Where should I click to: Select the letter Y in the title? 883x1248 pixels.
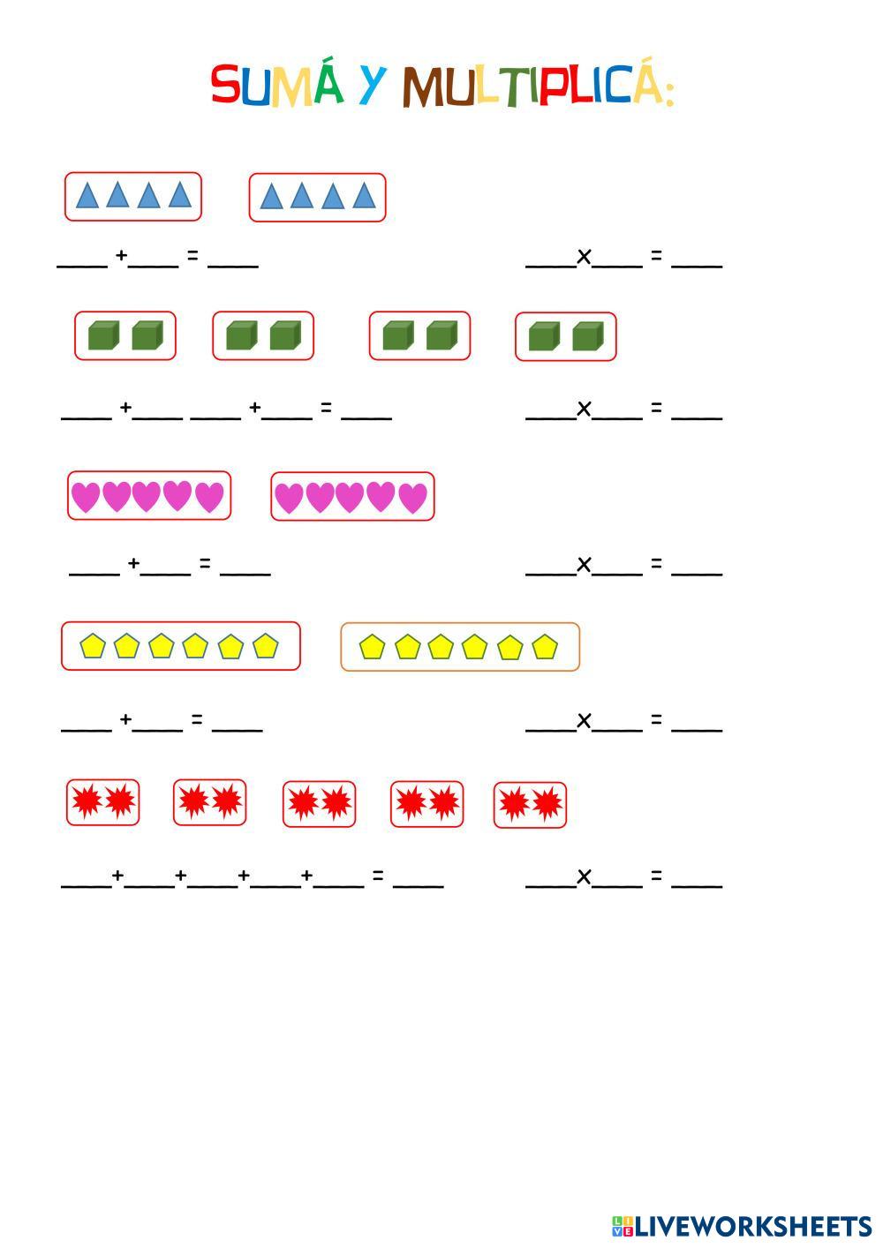click(x=374, y=85)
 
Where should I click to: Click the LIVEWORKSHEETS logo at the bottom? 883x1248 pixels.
click(x=741, y=1226)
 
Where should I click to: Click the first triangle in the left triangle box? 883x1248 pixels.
click(x=87, y=195)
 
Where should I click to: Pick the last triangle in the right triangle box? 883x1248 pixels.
click(x=364, y=195)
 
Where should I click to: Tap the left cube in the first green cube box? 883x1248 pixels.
click(x=103, y=335)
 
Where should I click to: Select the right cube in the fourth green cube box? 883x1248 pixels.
click(x=587, y=336)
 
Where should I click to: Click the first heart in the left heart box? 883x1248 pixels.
click(x=86, y=497)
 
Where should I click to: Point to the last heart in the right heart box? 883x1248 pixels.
click(x=412, y=498)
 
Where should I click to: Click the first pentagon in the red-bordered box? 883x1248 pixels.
click(x=93, y=646)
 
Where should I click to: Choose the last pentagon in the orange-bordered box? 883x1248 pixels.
click(x=545, y=647)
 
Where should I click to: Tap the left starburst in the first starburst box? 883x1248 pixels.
click(x=87, y=802)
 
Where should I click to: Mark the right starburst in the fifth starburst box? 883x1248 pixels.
click(x=547, y=804)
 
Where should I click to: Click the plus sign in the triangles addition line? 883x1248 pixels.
click(x=121, y=256)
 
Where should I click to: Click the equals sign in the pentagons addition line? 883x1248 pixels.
click(x=197, y=720)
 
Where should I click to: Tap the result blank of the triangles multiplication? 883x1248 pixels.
click(x=697, y=262)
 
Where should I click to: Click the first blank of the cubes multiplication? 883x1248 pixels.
click(x=550, y=416)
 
